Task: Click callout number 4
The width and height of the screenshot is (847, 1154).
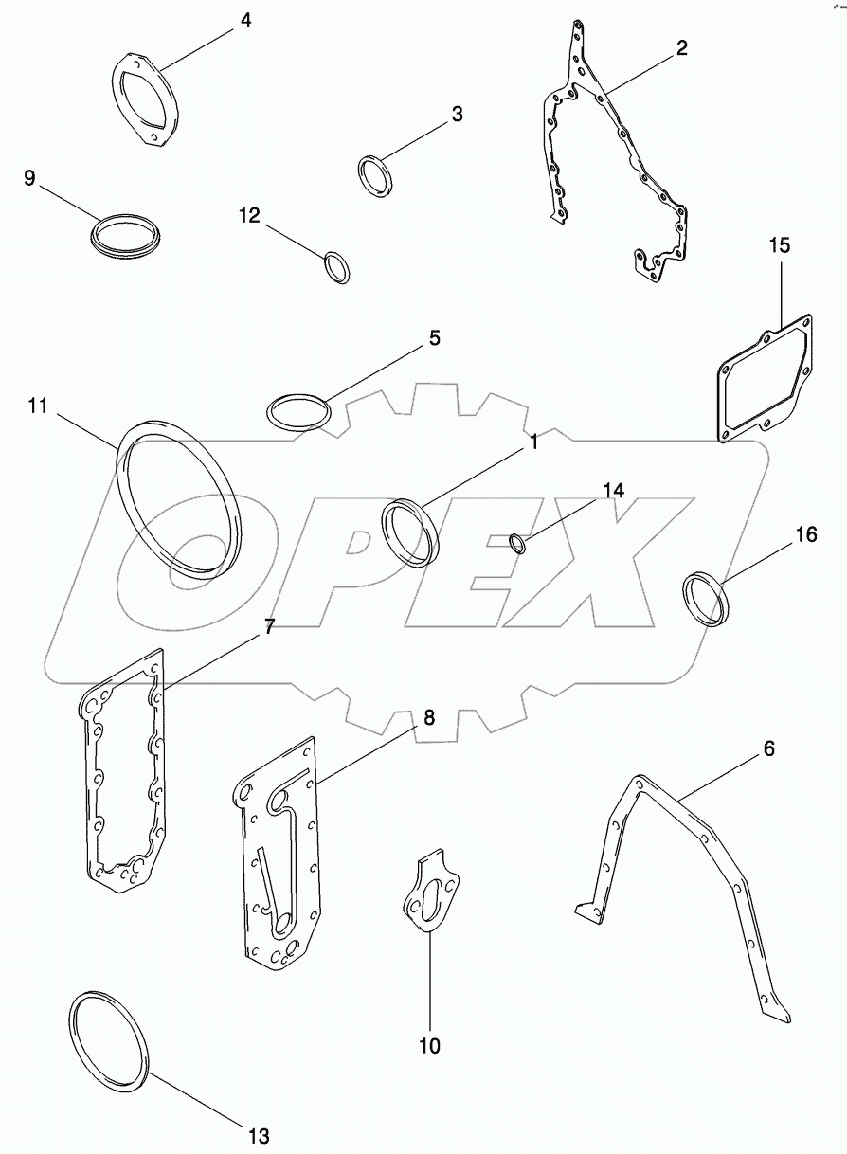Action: point(245,19)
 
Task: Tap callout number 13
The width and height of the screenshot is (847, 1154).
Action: point(259,1135)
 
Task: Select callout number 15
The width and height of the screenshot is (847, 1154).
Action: point(779,246)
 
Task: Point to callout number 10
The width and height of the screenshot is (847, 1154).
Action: point(429,1046)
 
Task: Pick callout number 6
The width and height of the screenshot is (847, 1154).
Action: point(768,748)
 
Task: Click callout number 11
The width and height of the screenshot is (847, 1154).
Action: point(37,406)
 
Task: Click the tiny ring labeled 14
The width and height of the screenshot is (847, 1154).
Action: point(517,543)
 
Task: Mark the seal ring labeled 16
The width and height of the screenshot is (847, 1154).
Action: point(706,597)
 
